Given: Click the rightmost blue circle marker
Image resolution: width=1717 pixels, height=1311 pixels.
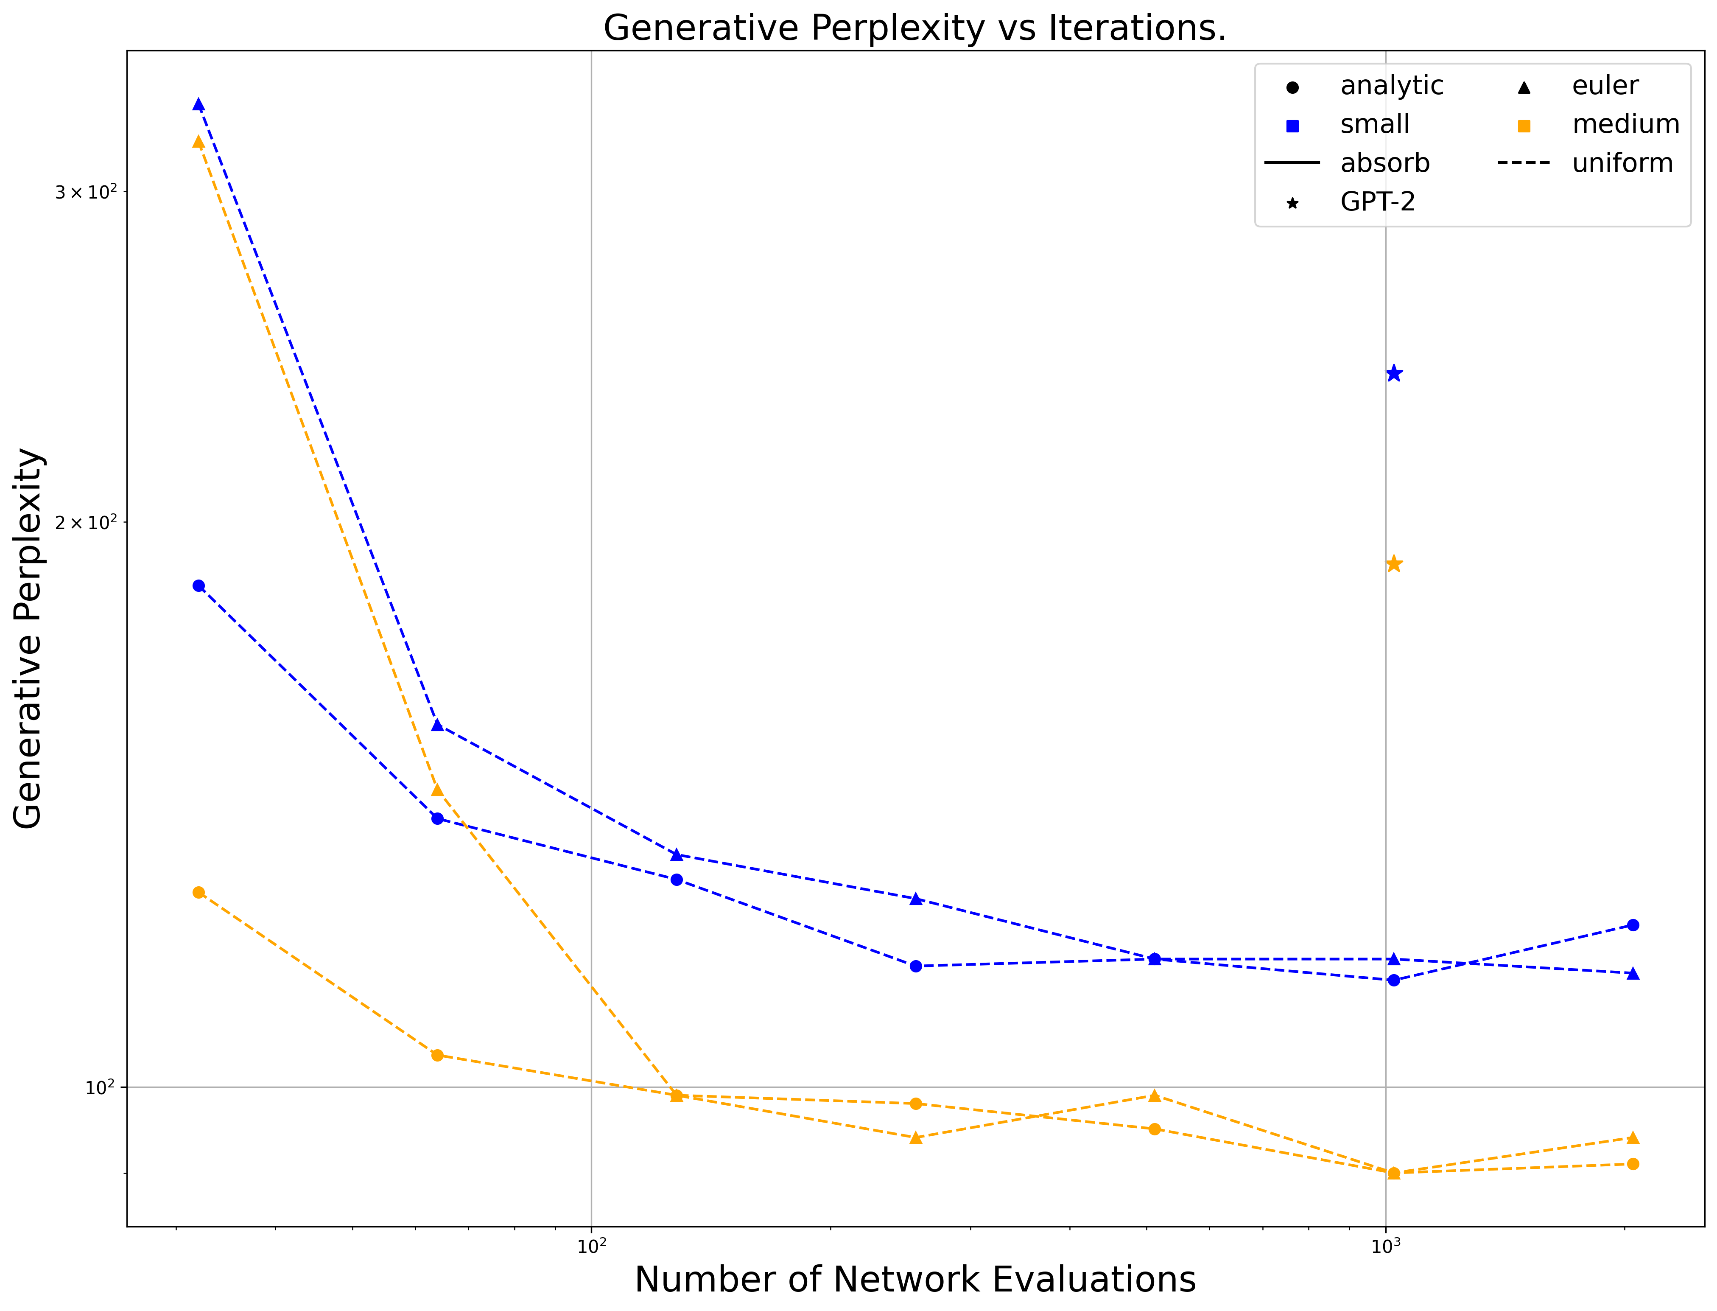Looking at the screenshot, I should tap(1633, 925).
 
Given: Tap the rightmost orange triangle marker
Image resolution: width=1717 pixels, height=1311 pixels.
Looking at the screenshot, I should tap(1633, 1138).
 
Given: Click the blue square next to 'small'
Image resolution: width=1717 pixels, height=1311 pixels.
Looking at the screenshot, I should tap(1292, 126).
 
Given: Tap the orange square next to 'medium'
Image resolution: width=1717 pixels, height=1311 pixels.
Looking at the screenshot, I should tap(1524, 126).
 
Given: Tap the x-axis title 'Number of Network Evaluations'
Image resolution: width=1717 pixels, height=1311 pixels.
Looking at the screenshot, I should tap(915, 1280).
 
